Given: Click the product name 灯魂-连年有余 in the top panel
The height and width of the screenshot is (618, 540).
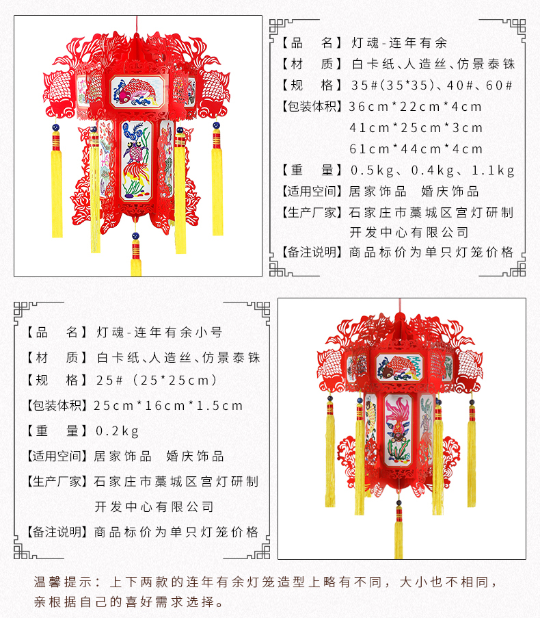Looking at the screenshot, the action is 399,42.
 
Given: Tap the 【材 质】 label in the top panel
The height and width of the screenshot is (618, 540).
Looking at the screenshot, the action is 311,64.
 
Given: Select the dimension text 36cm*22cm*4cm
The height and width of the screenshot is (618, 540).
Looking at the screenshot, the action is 416,106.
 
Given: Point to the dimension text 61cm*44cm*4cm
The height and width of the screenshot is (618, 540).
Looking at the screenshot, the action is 416,149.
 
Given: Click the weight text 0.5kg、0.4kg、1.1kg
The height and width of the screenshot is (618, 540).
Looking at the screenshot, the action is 432,170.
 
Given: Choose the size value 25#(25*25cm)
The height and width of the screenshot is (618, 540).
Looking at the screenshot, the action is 158,380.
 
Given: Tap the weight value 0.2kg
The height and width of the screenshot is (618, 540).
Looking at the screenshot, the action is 117,430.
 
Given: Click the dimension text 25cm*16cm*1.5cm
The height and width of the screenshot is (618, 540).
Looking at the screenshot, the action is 168,405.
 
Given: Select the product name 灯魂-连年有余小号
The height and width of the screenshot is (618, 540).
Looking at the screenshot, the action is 159,333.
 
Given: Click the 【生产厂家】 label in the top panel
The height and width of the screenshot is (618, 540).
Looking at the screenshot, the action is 311,212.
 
